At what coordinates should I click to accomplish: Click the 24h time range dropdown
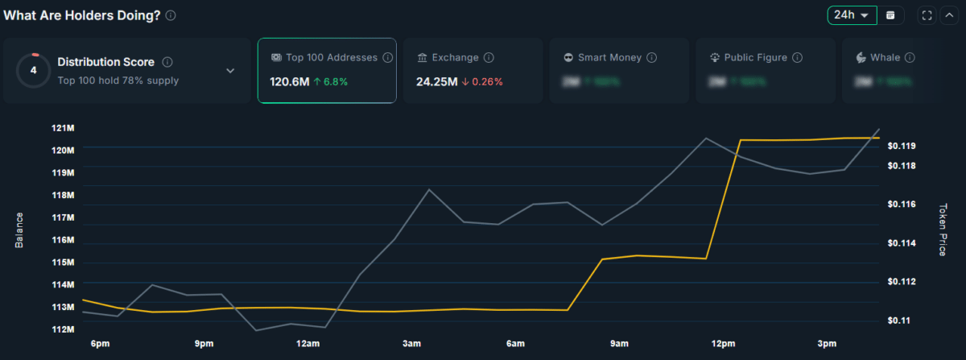click(x=852, y=15)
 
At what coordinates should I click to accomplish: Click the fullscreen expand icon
click(x=927, y=15)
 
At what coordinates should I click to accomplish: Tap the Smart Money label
click(x=609, y=58)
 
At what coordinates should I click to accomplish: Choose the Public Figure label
click(x=755, y=58)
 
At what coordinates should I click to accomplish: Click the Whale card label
click(x=885, y=58)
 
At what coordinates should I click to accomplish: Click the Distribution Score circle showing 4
click(x=33, y=70)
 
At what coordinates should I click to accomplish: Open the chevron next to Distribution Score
click(x=230, y=71)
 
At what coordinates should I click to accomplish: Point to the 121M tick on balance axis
click(x=63, y=128)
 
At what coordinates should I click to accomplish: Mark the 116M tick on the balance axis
click(x=63, y=240)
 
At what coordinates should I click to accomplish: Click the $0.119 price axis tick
click(x=901, y=147)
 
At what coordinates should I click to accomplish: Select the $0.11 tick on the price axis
click(x=898, y=321)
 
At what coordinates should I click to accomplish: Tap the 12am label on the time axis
click(x=308, y=344)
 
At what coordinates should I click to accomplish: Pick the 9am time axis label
click(x=619, y=344)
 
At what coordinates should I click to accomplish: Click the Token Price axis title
click(x=943, y=230)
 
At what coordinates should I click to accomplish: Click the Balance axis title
click(x=19, y=230)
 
